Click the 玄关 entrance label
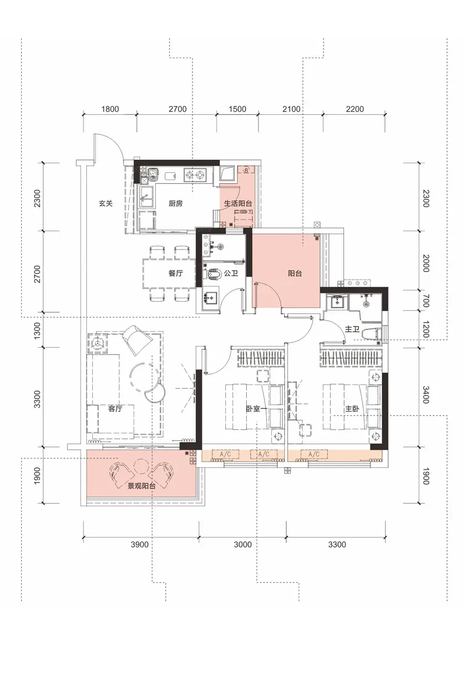[105, 204]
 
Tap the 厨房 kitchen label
[176, 204]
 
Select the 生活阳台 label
[238, 204]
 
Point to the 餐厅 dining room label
[176, 273]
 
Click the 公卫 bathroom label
[231, 274]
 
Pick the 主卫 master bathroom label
[352, 329]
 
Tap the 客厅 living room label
[115, 409]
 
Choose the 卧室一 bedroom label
[257, 409]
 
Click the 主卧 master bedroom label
[352, 409]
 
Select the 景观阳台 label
[141, 486]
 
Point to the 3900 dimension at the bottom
[139, 545]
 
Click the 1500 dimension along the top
[237, 109]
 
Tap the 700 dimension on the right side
[426, 301]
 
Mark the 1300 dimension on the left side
[37, 331]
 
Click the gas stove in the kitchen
[195, 175]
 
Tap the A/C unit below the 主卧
[314, 454]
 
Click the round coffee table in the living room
[145, 378]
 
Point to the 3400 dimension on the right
[426, 395]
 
